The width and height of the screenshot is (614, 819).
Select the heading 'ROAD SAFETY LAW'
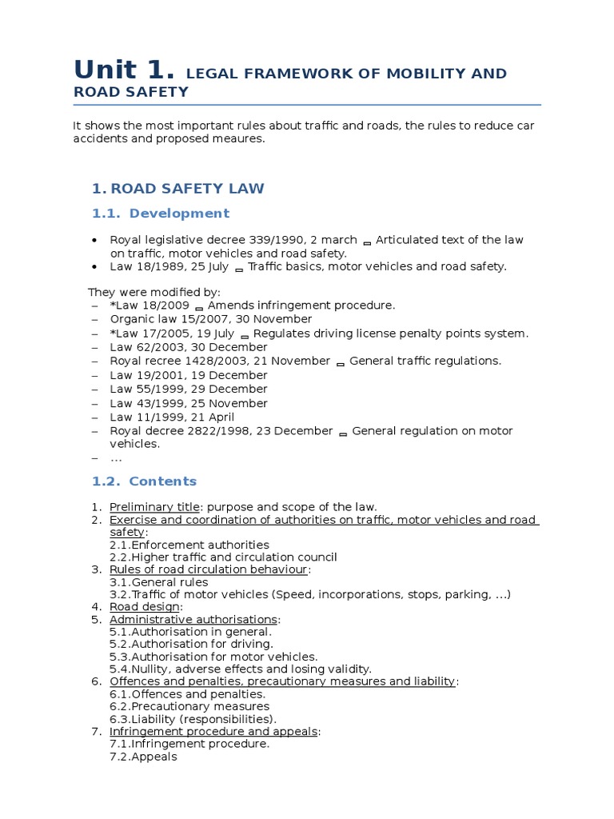click(x=186, y=189)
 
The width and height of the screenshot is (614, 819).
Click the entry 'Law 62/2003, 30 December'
click(x=189, y=347)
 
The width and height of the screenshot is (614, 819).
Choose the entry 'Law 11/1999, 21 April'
click(x=173, y=417)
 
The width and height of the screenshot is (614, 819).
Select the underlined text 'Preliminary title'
click(x=155, y=506)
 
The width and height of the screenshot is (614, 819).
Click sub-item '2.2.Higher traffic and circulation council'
click(x=223, y=557)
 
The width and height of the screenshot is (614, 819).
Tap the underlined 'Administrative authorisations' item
click(x=193, y=620)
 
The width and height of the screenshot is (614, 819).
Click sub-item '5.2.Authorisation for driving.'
click(x=191, y=644)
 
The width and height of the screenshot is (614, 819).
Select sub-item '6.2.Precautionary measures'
click(x=189, y=706)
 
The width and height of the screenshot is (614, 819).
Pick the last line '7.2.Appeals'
click(x=143, y=756)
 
